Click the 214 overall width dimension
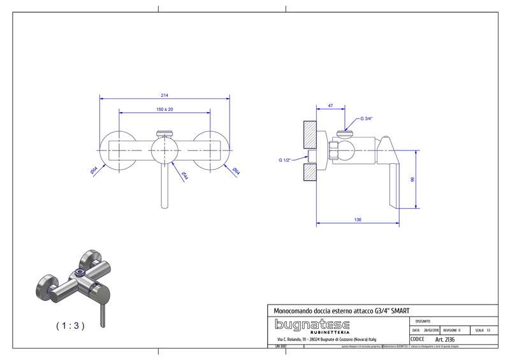pyautogui.click(x=164, y=95)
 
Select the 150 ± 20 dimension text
pyautogui.click(x=164, y=110)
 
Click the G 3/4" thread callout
pyautogui.click(x=366, y=119)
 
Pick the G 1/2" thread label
pyautogui.click(x=284, y=160)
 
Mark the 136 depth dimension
pyautogui.click(x=357, y=220)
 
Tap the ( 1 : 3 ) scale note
pyautogui.click(x=70, y=325)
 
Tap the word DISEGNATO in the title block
pyautogui.click(x=422, y=321)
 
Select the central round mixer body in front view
pyautogui.click(x=164, y=151)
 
